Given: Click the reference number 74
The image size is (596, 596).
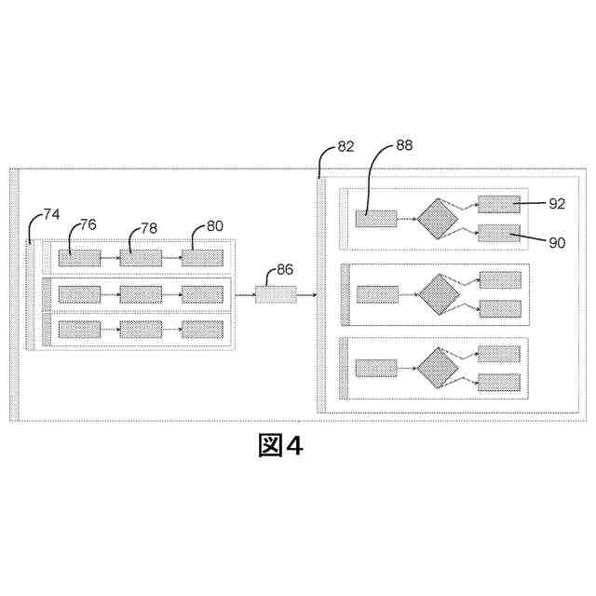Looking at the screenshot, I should point(51,213).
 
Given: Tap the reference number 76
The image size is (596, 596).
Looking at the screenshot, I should point(88,224).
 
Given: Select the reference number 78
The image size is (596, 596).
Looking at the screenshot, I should point(150,228).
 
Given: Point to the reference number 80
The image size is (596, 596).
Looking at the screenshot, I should point(214,224).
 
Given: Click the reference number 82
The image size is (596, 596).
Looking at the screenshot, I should point(345,146).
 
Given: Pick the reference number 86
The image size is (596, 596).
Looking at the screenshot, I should point(285,270).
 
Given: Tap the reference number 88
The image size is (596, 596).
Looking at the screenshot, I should point(404,144).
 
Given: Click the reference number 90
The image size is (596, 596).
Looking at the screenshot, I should point(557,242).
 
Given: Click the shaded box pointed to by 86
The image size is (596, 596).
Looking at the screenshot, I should point(276,294).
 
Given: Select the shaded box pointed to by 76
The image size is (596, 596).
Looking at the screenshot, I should point(79,258).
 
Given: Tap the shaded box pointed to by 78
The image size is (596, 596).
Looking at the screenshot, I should point(141,258).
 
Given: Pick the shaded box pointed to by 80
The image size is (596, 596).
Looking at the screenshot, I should point(202,258).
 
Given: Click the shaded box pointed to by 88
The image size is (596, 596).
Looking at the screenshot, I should point(376,219).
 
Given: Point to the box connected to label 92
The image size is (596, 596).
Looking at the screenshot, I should point(499,204).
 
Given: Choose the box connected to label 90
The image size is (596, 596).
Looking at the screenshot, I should point(499,234).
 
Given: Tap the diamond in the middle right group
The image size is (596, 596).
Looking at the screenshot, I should point(438,293).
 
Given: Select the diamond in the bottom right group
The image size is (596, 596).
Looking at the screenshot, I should point(438,367).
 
